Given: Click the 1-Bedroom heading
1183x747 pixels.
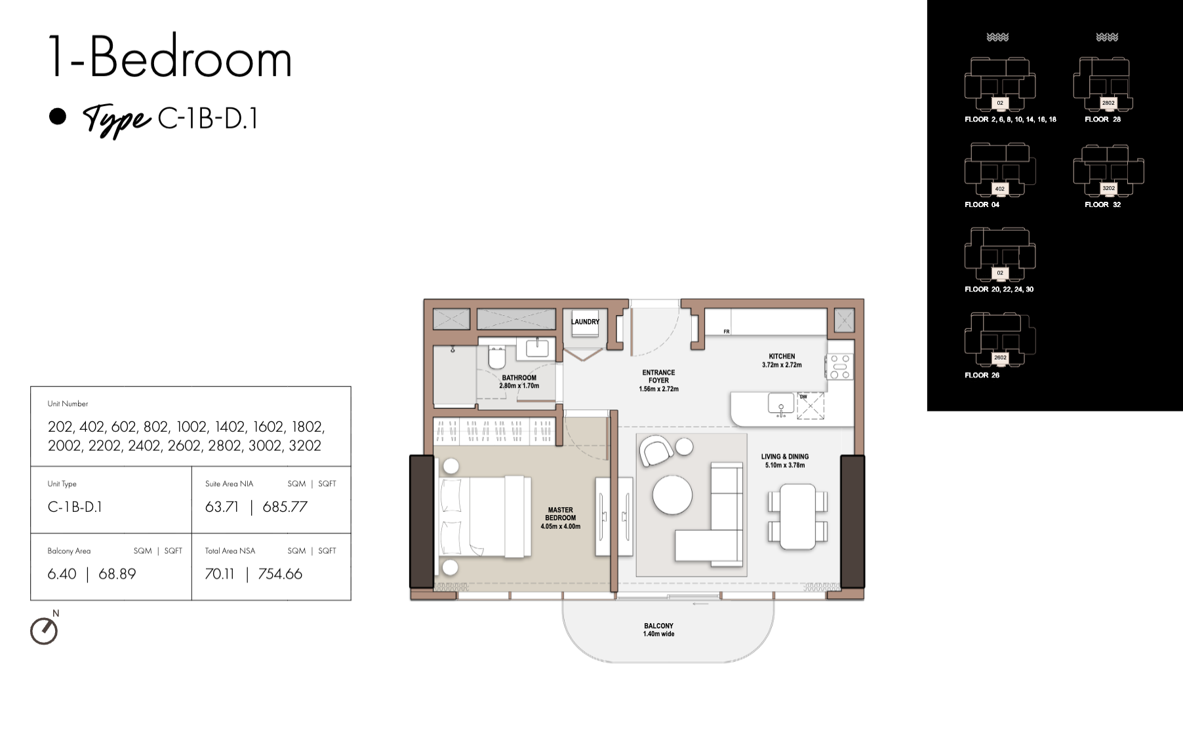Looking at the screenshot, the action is tap(170, 58).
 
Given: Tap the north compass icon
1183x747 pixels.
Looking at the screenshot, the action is tap(44, 631).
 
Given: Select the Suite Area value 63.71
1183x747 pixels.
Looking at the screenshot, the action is tap(222, 507).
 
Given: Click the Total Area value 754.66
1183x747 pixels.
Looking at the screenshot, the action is tap(280, 574).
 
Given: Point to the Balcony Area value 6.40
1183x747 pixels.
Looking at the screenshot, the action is tap(62, 574).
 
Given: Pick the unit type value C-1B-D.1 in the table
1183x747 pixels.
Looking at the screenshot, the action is tap(75, 507).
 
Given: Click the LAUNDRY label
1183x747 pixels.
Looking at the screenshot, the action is tap(585, 322).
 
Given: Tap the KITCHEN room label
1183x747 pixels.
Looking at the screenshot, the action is tap(782, 356).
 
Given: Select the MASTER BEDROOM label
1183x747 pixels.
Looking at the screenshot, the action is tap(560, 514).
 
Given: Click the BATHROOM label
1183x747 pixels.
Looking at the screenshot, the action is tap(519, 377).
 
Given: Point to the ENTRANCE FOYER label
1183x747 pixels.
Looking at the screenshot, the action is tap(658, 376).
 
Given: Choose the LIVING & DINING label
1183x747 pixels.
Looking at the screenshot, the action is tap(785, 457).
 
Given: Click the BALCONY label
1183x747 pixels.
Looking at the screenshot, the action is tap(658, 626).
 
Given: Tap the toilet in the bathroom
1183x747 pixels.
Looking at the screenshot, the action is tap(497, 358).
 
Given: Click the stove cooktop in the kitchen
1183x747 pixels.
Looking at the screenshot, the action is tap(840, 366).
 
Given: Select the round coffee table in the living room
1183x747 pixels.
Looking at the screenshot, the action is tap(672, 494).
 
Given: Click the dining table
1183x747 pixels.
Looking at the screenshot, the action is tap(797, 517).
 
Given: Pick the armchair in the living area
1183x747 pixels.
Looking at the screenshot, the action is tap(656, 451).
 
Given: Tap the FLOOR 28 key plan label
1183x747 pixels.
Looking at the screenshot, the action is tap(1102, 119).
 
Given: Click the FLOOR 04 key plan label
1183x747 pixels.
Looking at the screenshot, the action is tap(982, 204).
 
